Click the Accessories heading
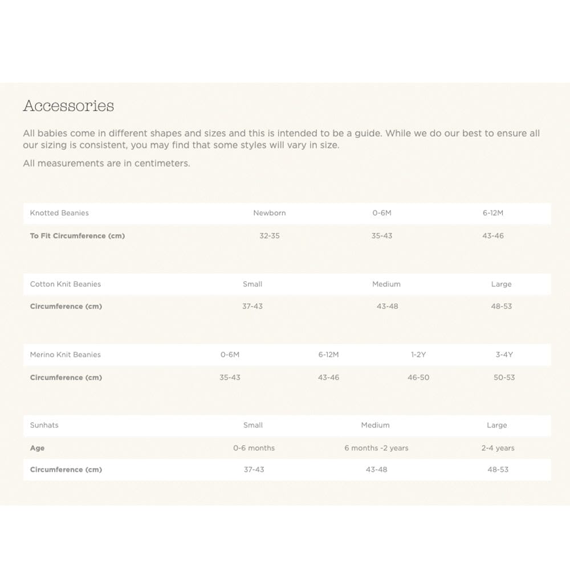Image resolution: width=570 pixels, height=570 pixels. coord(68,106)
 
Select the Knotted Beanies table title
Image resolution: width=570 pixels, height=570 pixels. coord(59,213)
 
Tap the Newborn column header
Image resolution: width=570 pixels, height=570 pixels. coord(270,213)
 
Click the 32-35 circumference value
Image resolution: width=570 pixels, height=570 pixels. coord(270,236)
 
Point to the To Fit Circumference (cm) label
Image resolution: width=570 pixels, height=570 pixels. coord(78,236)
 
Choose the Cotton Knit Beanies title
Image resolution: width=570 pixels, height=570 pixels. coord(66,284)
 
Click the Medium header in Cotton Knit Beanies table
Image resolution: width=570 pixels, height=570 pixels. coord(386,284)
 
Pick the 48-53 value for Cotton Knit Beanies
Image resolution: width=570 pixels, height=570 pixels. coord(502,307)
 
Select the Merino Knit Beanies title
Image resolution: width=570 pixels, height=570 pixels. coord(66,355)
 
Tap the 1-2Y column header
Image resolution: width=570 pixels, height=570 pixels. coord(418,355)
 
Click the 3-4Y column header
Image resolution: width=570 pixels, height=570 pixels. coord(504,355)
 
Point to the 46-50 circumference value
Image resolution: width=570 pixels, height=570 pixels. coord(418,377)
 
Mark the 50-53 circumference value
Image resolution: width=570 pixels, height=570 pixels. coord(504,377)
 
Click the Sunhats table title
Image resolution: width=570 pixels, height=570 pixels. coord(44,425)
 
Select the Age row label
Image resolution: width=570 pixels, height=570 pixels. coord(38,448)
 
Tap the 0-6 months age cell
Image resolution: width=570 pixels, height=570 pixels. coord(254,448)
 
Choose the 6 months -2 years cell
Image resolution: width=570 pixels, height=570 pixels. coord(376,448)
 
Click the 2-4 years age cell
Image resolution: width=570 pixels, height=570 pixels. coord(498,448)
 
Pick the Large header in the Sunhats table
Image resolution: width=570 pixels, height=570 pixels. coord(497,425)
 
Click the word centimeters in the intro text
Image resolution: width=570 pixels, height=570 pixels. coord(162,164)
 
